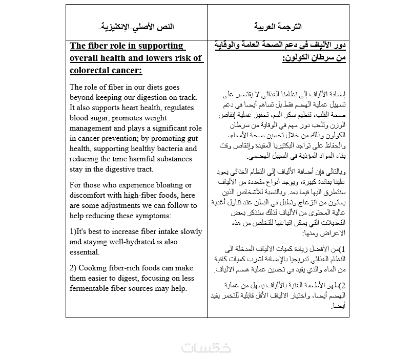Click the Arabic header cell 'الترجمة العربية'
coord(278,26)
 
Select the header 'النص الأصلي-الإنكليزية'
coord(136,26)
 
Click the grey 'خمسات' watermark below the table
coord(206,347)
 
